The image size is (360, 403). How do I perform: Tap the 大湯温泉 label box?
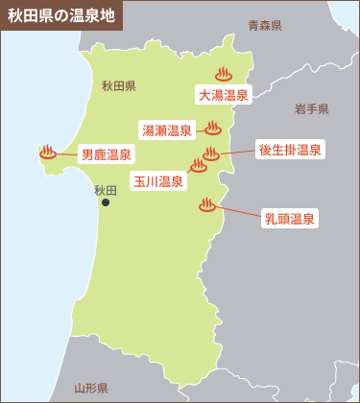(x=224, y=95)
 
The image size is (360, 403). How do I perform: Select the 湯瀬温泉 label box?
(x=167, y=130)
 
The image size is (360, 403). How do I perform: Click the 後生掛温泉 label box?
(x=290, y=150)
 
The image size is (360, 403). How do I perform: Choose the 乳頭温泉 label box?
(x=290, y=219)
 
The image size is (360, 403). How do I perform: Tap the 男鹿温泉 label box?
(x=107, y=154)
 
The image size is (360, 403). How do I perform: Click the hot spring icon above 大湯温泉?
(x=224, y=73)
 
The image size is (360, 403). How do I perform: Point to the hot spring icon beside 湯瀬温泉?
(x=213, y=128)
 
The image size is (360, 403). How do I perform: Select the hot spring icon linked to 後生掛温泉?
(x=211, y=152)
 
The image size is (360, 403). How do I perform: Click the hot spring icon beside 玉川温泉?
(x=199, y=165)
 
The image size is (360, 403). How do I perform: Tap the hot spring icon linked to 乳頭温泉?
(x=205, y=203)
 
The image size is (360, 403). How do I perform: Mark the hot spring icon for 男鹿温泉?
(x=47, y=151)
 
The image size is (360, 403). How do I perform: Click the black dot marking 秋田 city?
(x=106, y=202)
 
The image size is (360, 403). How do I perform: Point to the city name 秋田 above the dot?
(x=105, y=190)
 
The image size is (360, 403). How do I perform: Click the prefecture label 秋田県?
(x=118, y=85)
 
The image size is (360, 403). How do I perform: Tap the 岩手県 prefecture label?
(x=312, y=108)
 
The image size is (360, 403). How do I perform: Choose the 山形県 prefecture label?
(x=91, y=389)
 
